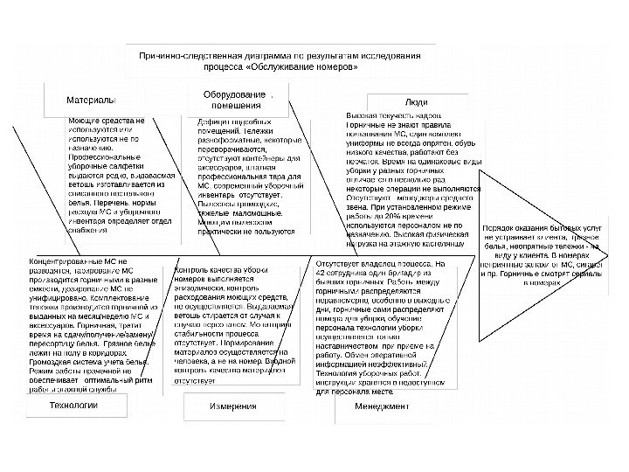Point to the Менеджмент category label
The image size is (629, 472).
pos(382,407)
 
